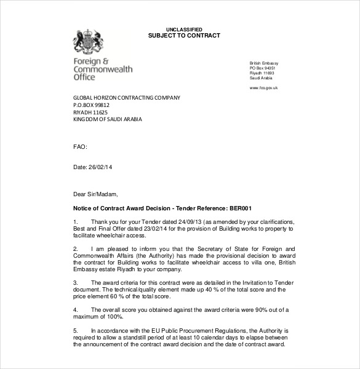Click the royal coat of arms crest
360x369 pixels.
click(x=87, y=43)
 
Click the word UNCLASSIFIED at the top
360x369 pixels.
click(x=183, y=29)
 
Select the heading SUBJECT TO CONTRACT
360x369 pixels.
click(x=184, y=36)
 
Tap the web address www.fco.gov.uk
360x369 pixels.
click(x=263, y=88)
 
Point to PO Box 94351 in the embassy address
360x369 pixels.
click(x=263, y=68)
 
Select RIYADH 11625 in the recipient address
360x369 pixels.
click(x=90, y=113)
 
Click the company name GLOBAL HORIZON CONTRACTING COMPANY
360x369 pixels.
click(x=127, y=98)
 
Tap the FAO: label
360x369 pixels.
click(x=80, y=147)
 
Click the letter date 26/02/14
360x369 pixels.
click(x=101, y=167)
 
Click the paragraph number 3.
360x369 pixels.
click(x=75, y=282)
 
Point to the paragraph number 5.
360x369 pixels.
click(x=75, y=331)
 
